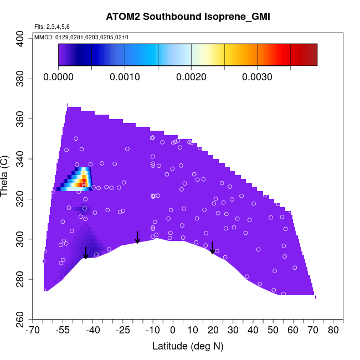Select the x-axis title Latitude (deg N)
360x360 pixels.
point(187,347)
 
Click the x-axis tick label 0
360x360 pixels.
point(173,331)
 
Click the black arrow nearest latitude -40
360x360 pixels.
point(85,253)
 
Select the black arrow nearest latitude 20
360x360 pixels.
point(213,248)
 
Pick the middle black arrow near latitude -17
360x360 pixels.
point(137,237)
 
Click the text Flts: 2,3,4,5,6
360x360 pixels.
point(52,27)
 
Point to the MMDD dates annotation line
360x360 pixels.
point(81,37)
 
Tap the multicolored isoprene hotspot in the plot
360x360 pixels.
point(81,179)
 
